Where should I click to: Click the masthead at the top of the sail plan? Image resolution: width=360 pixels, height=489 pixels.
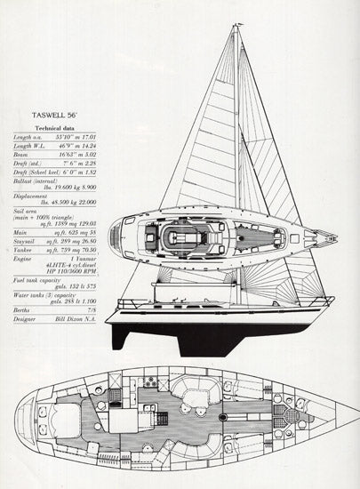(x=236, y=27)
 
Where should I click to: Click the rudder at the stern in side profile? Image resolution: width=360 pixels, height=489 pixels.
(x=124, y=331)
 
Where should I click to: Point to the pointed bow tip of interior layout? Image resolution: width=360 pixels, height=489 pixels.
(x=348, y=414)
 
